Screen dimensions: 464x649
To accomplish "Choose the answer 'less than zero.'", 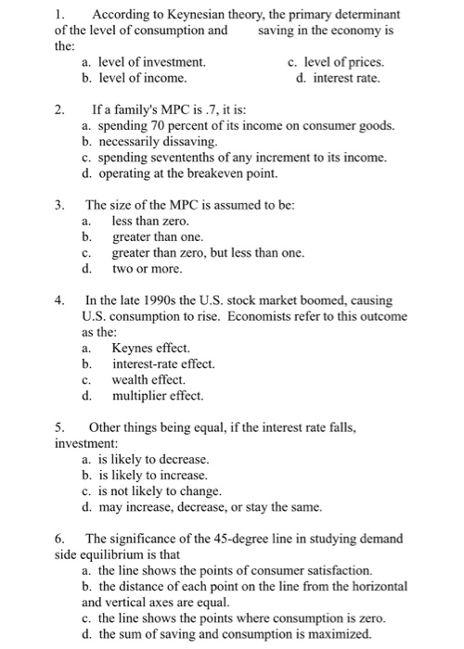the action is click(149, 222).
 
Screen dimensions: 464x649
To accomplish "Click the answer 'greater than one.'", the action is click(157, 237).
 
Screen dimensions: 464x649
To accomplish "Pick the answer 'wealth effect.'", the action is click(148, 380).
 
